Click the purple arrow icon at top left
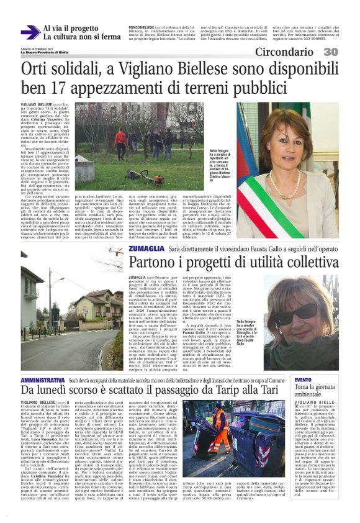(30, 33)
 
